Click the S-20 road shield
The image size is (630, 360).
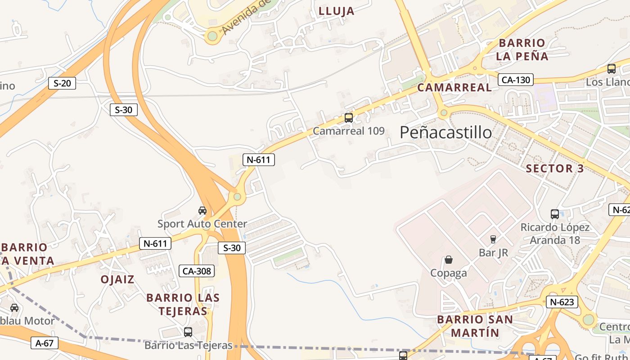(x=62, y=83)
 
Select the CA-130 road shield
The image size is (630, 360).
(x=515, y=80)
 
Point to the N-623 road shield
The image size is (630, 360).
(x=562, y=302)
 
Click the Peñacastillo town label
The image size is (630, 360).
(x=445, y=132)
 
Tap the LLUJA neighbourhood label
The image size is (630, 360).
(x=337, y=11)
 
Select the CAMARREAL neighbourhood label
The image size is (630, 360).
(x=454, y=88)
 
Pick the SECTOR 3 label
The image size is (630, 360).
(x=555, y=169)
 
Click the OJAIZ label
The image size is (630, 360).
(x=117, y=279)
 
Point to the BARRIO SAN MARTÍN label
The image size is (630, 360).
(x=475, y=326)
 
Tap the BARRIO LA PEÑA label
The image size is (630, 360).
(x=522, y=49)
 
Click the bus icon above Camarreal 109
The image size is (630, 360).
(x=348, y=118)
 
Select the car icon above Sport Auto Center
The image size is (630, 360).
(x=202, y=210)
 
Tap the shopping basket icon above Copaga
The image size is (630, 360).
(x=448, y=260)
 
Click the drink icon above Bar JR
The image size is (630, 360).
(x=493, y=239)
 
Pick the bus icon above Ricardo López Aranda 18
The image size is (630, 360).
(x=554, y=214)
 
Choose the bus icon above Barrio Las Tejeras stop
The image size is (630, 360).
(x=188, y=332)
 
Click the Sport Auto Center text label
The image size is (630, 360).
(x=202, y=224)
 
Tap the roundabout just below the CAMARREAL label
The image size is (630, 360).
(x=444, y=112)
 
